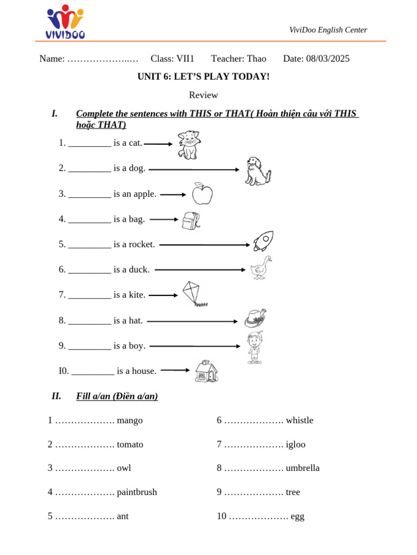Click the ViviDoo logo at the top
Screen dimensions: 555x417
coord(65,22)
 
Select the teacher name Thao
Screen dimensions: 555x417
coord(256,59)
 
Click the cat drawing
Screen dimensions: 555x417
coord(188,145)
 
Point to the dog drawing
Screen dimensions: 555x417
coord(257,171)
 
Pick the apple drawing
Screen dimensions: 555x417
coord(202,193)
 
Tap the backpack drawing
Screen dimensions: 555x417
coord(191,220)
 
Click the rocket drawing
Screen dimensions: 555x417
coord(263,241)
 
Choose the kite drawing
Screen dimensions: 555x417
coord(194,294)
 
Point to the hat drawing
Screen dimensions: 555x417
coord(255,318)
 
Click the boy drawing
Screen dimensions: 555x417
coord(254,347)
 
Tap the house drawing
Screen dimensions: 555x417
coord(206,371)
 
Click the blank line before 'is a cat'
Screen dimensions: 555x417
coord(90,144)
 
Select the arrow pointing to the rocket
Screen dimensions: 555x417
coord(204,245)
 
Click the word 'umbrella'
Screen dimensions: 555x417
coord(302,468)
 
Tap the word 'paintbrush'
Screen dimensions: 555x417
coord(137,492)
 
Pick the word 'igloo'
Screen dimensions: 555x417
coord(295,444)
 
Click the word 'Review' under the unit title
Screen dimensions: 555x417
coord(203,95)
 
